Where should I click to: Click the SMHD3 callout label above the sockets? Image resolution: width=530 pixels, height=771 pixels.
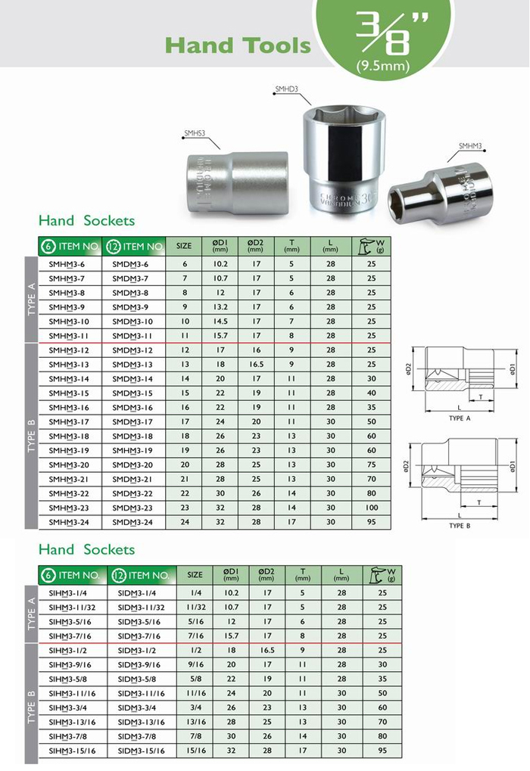point(286,89)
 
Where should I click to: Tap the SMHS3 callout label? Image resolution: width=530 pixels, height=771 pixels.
point(195,132)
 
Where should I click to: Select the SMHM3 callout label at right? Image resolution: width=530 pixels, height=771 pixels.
point(470,146)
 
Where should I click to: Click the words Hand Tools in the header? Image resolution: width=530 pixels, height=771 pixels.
point(238,45)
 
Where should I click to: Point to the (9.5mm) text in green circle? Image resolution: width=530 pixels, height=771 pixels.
point(383,65)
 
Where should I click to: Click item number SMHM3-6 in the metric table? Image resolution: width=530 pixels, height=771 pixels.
point(67,264)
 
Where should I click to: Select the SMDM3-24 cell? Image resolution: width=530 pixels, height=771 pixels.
point(132,522)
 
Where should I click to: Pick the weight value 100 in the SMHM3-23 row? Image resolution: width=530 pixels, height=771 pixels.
point(372,508)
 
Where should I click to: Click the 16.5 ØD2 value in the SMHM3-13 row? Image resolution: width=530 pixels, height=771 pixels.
point(257,365)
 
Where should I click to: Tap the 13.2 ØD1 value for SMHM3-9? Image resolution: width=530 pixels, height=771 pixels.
point(220,307)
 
